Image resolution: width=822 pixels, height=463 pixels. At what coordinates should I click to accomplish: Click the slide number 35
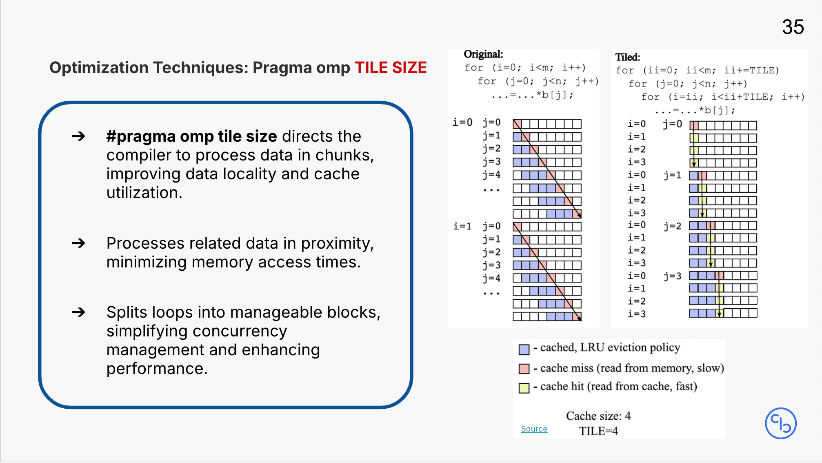tap(793, 27)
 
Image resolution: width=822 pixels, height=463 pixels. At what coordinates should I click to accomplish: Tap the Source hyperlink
tap(534, 429)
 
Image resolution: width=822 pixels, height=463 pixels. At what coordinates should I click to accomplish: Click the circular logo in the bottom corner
tap(780, 423)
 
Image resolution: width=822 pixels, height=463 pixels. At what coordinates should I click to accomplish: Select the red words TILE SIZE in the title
tap(391, 67)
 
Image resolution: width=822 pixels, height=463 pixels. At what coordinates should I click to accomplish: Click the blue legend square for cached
tap(524, 349)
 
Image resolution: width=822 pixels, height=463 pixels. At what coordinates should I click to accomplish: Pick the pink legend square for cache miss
tap(524, 369)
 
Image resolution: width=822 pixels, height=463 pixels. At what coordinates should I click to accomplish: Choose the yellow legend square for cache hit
tap(524, 387)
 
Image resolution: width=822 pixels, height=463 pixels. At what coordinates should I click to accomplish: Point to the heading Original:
tap(483, 54)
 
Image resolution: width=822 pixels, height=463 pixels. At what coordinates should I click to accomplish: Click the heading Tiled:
tap(628, 57)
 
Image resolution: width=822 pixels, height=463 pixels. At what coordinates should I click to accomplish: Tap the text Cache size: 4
tap(598, 416)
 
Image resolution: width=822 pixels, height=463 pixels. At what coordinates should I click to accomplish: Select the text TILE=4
tap(598, 431)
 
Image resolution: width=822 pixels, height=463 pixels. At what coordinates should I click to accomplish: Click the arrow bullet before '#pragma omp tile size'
tap(78, 136)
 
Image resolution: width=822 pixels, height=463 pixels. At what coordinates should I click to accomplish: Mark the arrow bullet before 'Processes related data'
tap(78, 243)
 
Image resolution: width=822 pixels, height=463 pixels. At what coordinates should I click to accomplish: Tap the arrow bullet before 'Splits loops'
tap(78, 312)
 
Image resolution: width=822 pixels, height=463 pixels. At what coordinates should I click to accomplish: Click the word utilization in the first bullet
tap(144, 192)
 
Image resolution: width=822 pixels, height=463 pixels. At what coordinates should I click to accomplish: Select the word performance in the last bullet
tap(157, 369)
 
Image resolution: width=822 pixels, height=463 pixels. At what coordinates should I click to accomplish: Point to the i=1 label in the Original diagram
tap(462, 226)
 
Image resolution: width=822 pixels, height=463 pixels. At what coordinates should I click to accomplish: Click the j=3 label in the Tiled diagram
tap(673, 276)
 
